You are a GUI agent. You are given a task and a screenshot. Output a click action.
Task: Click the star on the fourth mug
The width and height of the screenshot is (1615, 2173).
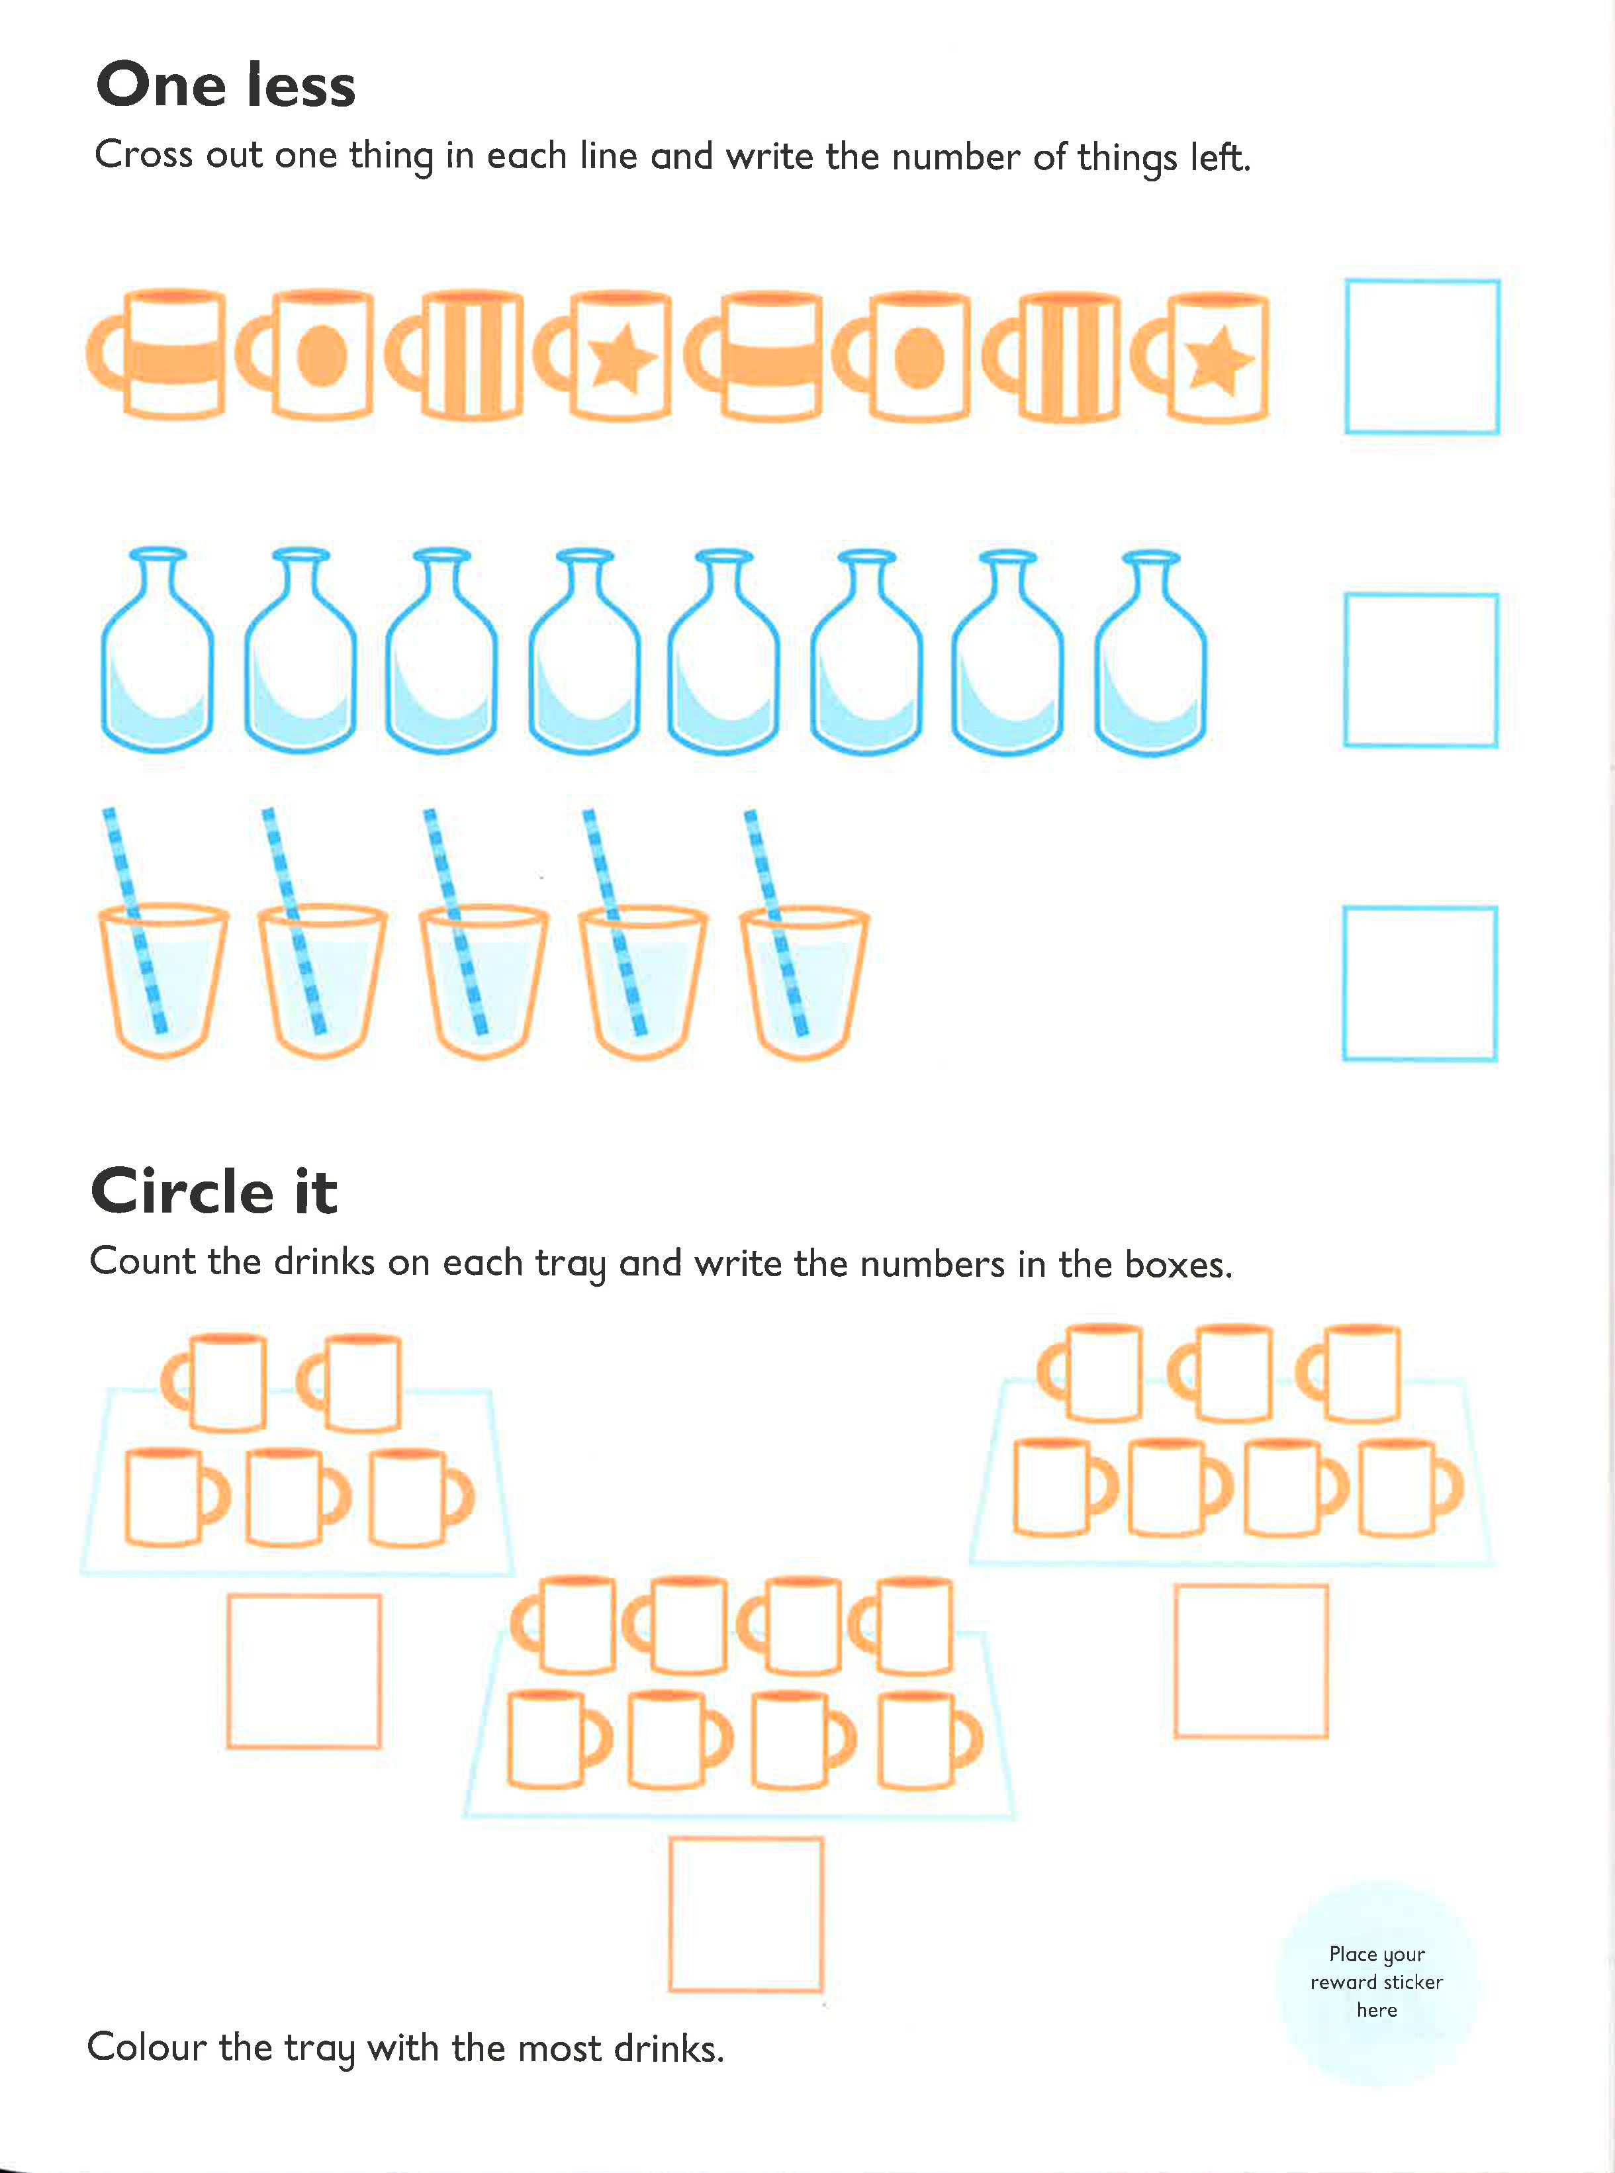pos(621,359)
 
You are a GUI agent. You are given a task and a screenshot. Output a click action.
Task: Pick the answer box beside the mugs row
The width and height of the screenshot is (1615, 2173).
pos(1422,357)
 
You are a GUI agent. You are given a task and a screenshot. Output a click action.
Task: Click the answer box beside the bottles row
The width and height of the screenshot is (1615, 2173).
pos(1420,670)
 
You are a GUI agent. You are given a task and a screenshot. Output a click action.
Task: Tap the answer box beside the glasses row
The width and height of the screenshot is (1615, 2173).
pos(1420,984)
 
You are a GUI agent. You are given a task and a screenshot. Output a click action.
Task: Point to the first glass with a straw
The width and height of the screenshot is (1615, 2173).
pos(162,978)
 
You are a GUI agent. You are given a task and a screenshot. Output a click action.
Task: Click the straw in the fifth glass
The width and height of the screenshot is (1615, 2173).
pos(776,919)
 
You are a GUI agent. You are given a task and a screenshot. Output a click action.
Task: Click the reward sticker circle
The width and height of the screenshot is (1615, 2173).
pos(1377,1982)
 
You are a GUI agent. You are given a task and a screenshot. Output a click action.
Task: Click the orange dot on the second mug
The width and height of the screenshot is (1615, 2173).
pos(322,356)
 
